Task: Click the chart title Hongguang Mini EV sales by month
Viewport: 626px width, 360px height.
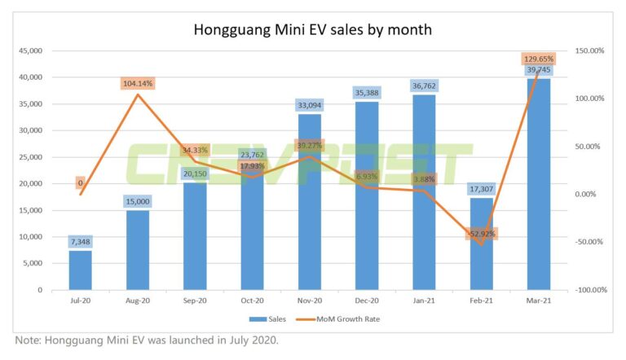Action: pos(312,30)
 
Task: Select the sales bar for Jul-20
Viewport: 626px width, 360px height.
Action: pos(80,270)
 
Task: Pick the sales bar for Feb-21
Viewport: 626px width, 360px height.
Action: pos(481,244)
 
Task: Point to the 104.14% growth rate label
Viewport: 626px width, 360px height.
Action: pos(137,83)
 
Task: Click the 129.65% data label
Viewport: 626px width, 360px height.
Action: pos(537,59)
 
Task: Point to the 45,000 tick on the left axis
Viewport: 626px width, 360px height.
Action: pos(30,50)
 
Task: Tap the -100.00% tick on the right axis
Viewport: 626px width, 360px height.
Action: pos(589,290)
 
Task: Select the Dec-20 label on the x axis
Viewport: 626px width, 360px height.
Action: pos(366,301)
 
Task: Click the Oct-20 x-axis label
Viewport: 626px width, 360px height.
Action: pos(251,301)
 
